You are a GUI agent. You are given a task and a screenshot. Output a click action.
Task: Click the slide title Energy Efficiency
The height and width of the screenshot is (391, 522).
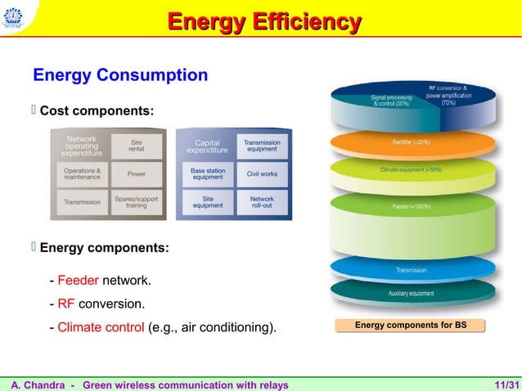(263, 22)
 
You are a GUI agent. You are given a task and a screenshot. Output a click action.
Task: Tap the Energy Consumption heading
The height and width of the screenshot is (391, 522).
(119, 76)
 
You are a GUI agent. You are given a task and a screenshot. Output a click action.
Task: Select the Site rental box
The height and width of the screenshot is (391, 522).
(137, 146)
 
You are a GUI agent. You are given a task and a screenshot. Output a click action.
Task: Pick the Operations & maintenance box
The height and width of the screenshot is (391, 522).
(83, 174)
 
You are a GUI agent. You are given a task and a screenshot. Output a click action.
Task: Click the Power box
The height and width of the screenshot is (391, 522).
(137, 174)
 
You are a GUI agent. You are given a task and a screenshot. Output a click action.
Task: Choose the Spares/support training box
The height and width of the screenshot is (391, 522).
(137, 201)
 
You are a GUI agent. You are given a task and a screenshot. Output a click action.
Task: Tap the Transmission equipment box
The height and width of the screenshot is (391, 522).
(262, 146)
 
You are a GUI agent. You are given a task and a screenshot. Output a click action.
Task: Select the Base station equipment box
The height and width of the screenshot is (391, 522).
(208, 174)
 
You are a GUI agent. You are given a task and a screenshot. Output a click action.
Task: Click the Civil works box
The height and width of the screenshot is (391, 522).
(262, 174)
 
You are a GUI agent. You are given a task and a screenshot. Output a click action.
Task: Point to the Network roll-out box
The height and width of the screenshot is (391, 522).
(262, 201)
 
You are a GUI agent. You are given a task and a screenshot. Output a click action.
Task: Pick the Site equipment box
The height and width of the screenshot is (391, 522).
(208, 201)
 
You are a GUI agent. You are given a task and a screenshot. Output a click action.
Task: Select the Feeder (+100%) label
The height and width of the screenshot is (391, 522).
(412, 207)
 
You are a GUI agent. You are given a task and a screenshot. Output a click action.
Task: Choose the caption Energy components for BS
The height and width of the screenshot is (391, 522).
(411, 326)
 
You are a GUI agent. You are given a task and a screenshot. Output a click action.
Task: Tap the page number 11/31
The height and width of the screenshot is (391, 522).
(506, 384)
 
